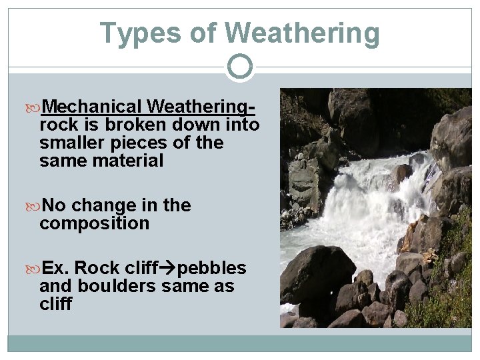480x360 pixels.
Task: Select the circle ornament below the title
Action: click(x=240, y=66)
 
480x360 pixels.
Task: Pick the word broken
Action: click(x=130, y=125)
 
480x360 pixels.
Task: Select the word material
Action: click(x=127, y=161)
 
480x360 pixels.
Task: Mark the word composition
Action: click(x=94, y=223)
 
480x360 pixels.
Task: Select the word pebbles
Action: click(x=212, y=268)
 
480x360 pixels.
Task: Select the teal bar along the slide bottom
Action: click(x=240, y=343)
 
